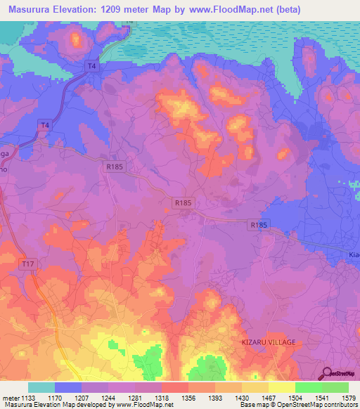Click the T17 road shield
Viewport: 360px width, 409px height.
coord(27,263)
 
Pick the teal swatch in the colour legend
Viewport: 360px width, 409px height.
coord(41,387)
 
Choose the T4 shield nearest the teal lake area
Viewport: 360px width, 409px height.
coord(91,66)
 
